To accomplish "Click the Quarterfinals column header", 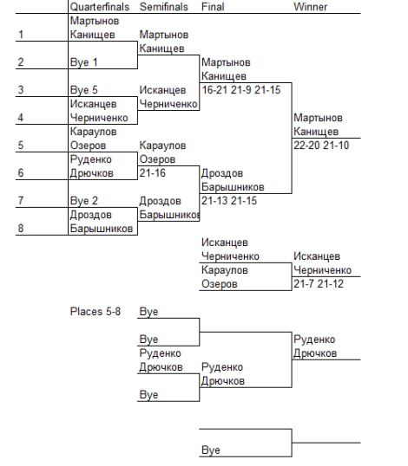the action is point(100,7).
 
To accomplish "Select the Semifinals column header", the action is point(164,7).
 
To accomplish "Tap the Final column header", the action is point(213,7).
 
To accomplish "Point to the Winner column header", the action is point(310,7).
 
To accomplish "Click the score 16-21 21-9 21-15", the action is point(241,90).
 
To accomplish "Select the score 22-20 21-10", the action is point(321,146).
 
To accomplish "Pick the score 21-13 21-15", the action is point(229,201).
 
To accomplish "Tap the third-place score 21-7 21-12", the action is point(319,284).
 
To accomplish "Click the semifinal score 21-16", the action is point(153,173).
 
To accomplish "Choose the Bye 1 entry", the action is point(83,62).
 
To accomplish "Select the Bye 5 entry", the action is point(83,90).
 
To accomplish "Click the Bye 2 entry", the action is point(83,201).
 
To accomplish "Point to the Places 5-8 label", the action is point(95,312).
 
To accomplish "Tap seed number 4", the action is point(20,118).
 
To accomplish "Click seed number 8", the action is point(20,229).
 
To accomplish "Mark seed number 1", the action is point(21,35).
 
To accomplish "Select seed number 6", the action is point(20,173).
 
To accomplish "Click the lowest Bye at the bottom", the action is point(211,450).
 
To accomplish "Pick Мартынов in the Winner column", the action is point(318,118).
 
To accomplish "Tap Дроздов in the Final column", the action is point(222,173).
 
